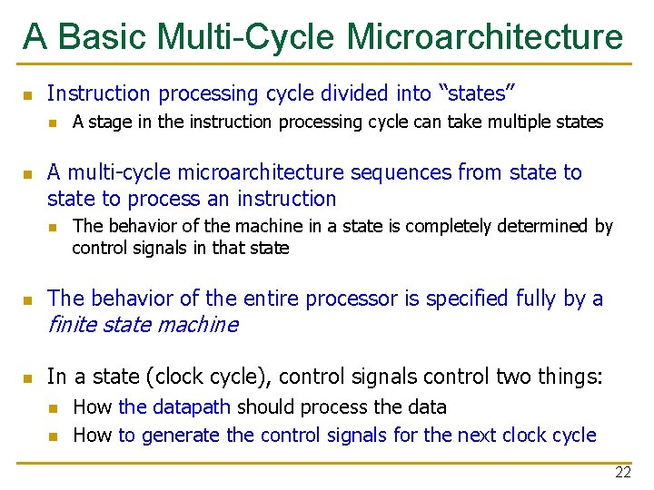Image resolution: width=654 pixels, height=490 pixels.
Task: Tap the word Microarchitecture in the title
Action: [485, 37]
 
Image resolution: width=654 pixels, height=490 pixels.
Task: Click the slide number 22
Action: [622, 472]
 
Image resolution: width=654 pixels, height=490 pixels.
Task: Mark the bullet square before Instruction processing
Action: [28, 94]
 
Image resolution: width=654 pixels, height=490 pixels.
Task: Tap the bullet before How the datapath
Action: [54, 408]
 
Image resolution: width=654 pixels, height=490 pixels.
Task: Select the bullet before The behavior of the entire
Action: [28, 300]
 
